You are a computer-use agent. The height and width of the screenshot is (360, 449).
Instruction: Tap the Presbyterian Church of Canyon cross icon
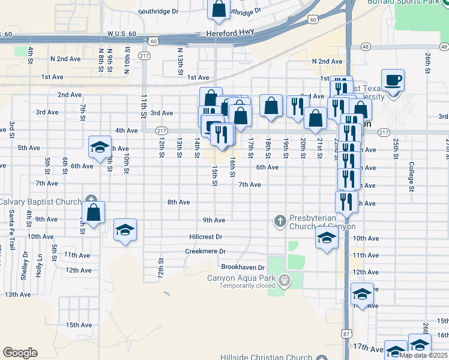coord(280,221)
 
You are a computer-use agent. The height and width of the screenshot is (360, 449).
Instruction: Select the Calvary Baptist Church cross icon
coord(91,200)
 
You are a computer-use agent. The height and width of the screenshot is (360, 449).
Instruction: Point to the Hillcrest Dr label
coord(205,237)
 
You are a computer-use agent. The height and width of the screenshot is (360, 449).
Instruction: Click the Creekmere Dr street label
coord(205,251)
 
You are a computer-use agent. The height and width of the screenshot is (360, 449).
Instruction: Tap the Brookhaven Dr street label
coord(243,267)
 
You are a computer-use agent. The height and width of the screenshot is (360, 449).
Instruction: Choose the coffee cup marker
coord(393,80)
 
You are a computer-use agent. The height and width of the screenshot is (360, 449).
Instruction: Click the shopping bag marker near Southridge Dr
coord(219,8)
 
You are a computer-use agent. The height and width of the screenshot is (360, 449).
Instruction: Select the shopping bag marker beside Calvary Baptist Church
coord(94,212)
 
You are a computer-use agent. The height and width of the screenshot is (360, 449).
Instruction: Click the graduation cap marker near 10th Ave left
coord(125,230)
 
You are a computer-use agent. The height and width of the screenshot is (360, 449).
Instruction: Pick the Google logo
coord(20,353)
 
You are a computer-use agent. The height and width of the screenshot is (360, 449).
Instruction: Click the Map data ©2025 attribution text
coord(423,355)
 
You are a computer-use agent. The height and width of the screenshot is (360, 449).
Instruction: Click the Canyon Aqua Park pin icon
coord(285,279)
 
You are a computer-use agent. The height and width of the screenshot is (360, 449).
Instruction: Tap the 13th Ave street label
coord(17,295)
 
